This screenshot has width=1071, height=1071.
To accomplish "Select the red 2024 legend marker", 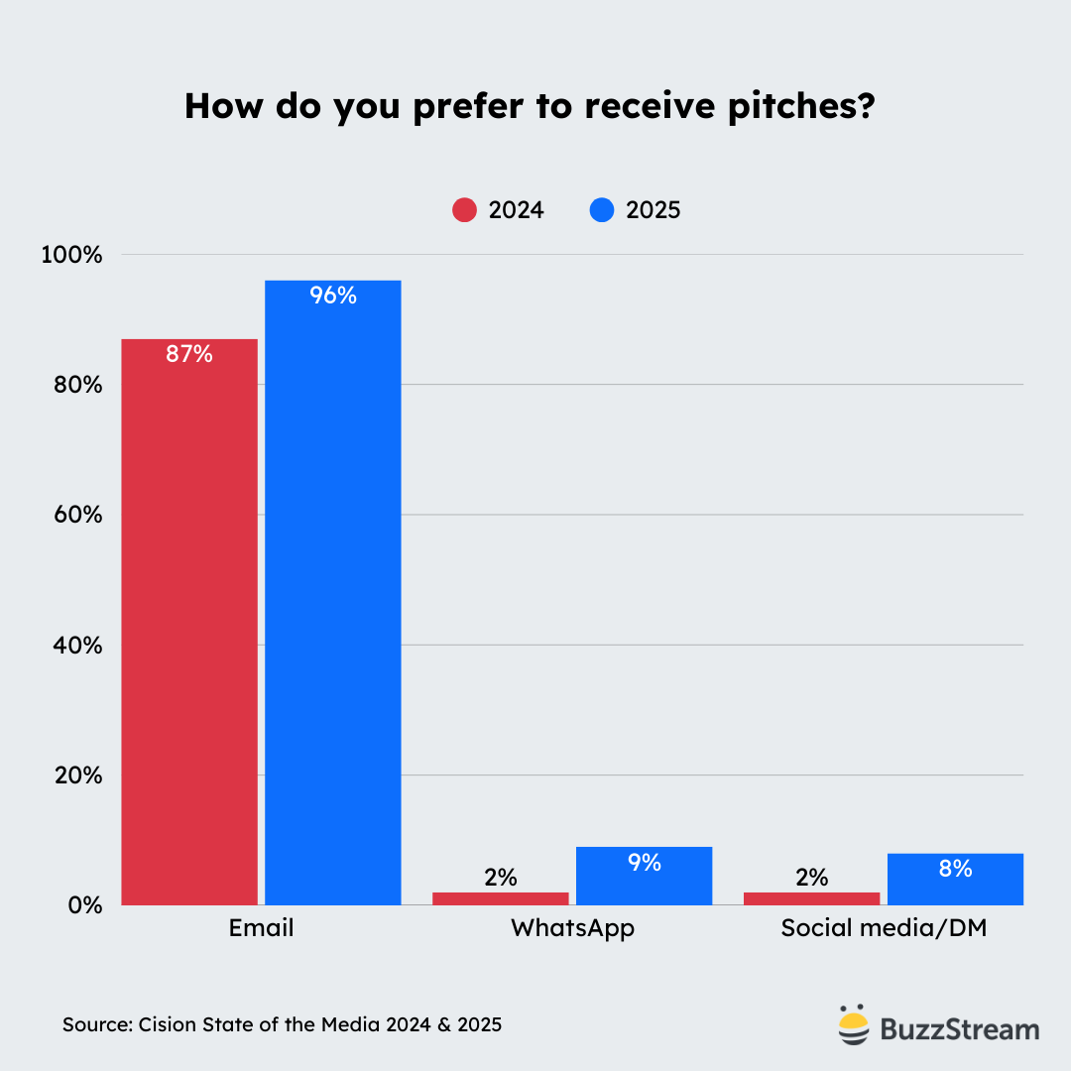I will [x=464, y=210].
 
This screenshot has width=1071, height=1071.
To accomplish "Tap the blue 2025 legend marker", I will [x=601, y=210].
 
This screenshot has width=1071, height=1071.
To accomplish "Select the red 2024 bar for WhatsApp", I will [x=501, y=898].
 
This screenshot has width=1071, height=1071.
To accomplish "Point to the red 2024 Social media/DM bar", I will [x=811, y=898].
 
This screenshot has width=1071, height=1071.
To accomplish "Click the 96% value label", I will [x=333, y=295].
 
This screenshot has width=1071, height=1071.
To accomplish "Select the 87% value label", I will [x=189, y=353].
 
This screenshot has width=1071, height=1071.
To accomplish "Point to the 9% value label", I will [x=644, y=863].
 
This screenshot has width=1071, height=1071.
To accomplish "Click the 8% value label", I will [x=955, y=869].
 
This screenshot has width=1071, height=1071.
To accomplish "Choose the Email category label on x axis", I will [x=261, y=929].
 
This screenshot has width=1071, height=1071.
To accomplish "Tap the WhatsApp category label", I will [x=572, y=929].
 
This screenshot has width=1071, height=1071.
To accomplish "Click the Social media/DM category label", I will [x=884, y=929].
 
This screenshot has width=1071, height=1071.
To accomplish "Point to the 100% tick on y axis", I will [x=71, y=255].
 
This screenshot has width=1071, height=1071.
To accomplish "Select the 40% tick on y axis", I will [x=71, y=645].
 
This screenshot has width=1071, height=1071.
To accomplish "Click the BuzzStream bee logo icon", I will [x=853, y=1026].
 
